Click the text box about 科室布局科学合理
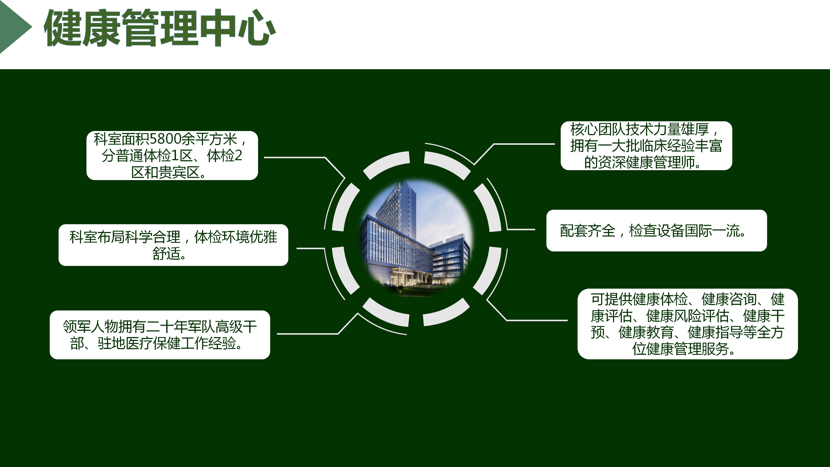[173, 245]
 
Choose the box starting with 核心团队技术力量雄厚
[646, 146]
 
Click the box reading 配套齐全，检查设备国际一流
[657, 230]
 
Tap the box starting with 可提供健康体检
[688, 324]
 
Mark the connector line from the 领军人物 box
[317, 324]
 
